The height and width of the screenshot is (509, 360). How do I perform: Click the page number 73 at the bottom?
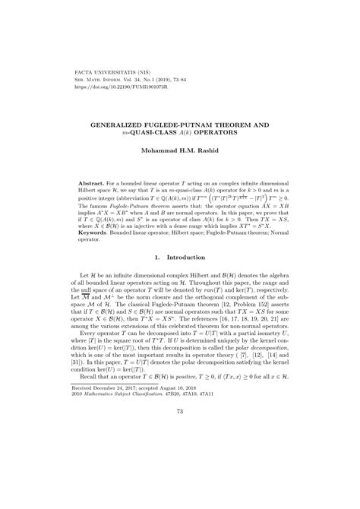[x=179, y=476]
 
